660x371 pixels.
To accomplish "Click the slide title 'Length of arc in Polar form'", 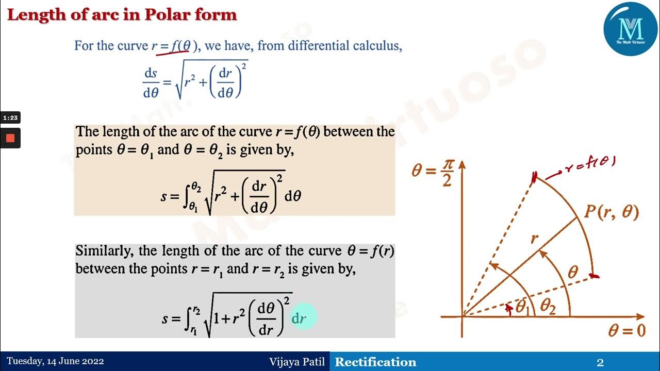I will pyautogui.click(x=122, y=15).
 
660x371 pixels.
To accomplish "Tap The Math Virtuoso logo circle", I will pyautogui.click(x=631, y=28).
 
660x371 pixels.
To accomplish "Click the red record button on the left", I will pyautogui.click(x=10, y=138).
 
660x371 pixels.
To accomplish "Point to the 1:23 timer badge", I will pyautogui.click(x=10, y=118).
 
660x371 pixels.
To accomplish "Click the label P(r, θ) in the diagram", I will pyautogui.click(x=612, y=212).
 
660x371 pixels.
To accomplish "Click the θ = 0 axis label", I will pyautogui.click(x=626, y=330).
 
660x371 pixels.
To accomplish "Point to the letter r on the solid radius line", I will pyautogui.click(x=535, y=238).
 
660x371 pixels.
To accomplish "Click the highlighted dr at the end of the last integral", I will pyautogui.click(x=299, y=318).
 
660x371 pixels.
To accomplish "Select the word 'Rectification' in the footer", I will pyautogui.click(x=375, y=362).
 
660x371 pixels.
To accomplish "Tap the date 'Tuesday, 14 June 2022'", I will pyautogui.click(x=55, y=362).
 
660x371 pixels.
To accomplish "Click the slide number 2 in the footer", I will pyautogui.click(x=600, y=363).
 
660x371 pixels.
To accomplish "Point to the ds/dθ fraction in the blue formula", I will pyautogui.click(x=151, y=83).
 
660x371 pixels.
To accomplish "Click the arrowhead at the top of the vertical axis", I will pyautogui.click(x=462, y=164).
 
